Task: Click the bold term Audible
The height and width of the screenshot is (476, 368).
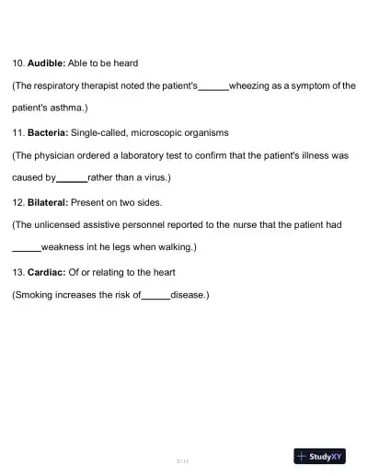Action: (x=46, y=62)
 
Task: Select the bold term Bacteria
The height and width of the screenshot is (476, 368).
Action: (x=47, y=132)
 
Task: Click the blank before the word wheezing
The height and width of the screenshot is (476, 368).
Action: (x=213, y=85)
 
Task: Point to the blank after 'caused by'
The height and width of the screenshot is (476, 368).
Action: (x=72, y=178)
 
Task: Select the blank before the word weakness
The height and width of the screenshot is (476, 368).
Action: (x=26, y=248)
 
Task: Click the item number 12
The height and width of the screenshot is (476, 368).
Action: (x=17, y=202)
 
